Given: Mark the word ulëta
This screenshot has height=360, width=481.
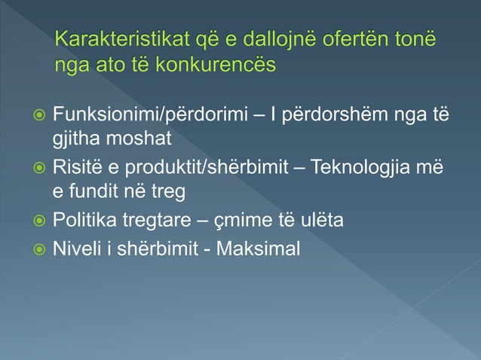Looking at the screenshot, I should point(323,220).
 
